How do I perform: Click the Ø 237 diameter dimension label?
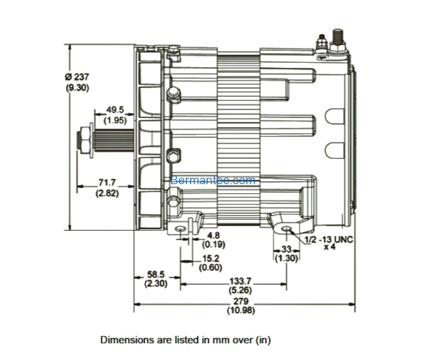coord(77,77)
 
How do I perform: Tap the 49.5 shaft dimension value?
coord(115,110)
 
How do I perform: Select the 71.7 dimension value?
coord(107,182)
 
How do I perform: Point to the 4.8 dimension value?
coord(213,235)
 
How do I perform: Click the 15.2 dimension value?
coord(211,258)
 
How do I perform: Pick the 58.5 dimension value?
coord(156,274)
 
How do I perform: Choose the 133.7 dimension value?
coord(240,281)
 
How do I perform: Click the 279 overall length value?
coord(241,301)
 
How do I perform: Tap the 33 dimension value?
coord(286,249)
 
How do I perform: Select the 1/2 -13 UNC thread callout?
coord(329,240)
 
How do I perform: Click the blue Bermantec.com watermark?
coord(213,180)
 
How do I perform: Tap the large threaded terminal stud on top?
coord(338,40)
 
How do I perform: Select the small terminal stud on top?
coord(322,43)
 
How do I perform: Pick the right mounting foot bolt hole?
coord(286,229)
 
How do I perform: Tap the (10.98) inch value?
coord(241,310)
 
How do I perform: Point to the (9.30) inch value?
coord(77,88)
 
